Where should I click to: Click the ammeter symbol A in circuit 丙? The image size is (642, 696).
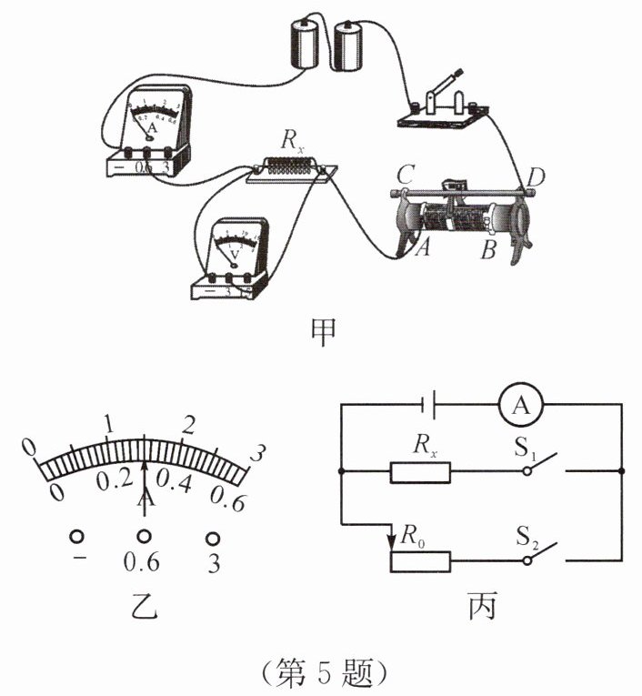coord(521,408)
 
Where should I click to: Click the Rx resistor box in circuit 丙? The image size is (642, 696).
coord(420,472)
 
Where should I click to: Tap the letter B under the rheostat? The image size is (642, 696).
coord(488,250)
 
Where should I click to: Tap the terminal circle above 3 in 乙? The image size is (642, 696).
coord(214,537)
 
